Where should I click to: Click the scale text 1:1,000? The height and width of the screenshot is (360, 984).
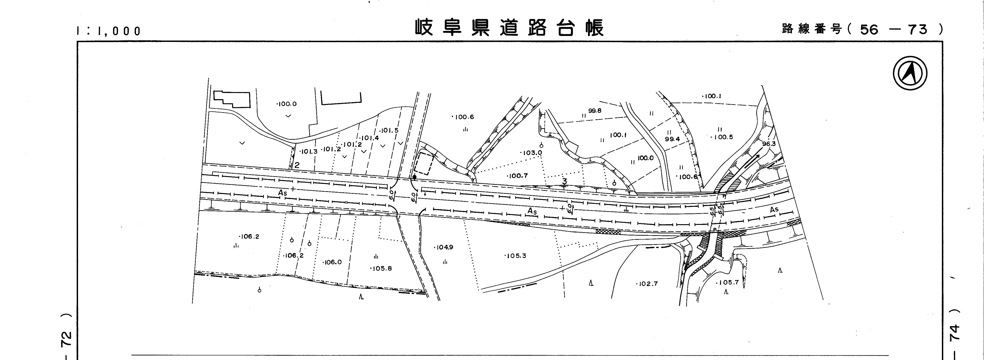point(109,31)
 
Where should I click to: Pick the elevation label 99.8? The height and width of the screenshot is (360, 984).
point(595,111)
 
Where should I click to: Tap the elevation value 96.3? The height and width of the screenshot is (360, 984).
point(769,144)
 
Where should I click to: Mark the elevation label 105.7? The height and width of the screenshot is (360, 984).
point(727,282)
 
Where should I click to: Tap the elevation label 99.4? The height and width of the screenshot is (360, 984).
point(672,139)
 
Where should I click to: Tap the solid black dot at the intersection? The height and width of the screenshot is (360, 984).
point(415,177)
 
